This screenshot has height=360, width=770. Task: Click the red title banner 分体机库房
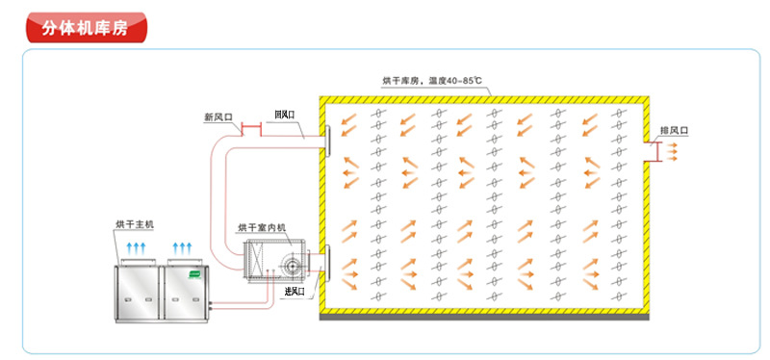coord(87,28)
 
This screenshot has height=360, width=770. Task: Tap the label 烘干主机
coord(135,224)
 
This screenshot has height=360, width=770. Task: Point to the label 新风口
coord(218,117)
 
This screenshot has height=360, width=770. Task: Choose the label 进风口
coord(295,292)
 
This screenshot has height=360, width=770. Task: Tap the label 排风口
coord(675,130)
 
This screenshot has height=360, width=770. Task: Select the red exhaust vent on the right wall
coord(655,152)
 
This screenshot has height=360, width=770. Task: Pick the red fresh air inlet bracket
coord(251,130)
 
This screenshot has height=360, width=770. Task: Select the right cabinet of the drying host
coord(186,294)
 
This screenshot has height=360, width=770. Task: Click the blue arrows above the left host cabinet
coord(137,247)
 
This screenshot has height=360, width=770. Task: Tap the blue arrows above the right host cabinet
coord(183,247)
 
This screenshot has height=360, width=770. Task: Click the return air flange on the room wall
coord(327,141)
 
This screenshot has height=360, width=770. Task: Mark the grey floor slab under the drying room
coord(484,318)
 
